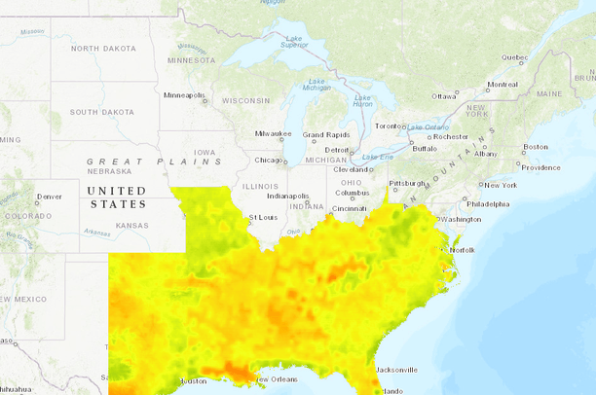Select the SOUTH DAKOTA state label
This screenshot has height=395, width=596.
(x=101, y=112)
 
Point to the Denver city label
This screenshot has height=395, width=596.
(x=50, y=197)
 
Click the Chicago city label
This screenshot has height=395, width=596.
(x=269, y=160)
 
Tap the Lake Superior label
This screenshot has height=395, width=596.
(x=294, y=43)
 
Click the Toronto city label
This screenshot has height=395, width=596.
(x=388, y=126)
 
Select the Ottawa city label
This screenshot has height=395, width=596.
(x=444, y=96)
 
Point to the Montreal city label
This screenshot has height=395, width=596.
(x=503, y=84)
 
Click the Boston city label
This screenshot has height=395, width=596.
(x=537, y=147)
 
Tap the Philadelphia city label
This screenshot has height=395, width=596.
(x=488, y=204)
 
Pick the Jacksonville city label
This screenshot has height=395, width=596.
(x=396, y=370)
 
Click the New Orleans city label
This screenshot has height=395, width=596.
(x=275, y=379)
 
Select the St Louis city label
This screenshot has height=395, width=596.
(x=264, y=217)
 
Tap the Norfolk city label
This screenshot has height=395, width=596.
(x=462, y=250)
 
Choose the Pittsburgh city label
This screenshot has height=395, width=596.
(x=408, y=183)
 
